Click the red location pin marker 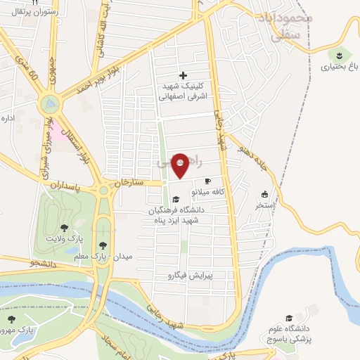click(181, 166)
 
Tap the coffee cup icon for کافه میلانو click(207, 181)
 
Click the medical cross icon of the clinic click(184, 75)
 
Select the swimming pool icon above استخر click(264, 195)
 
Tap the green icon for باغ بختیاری click(340, 55)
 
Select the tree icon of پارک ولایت click(65, 228)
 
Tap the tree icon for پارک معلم click(103, 245)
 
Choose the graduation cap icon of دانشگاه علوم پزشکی click(288, 319)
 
